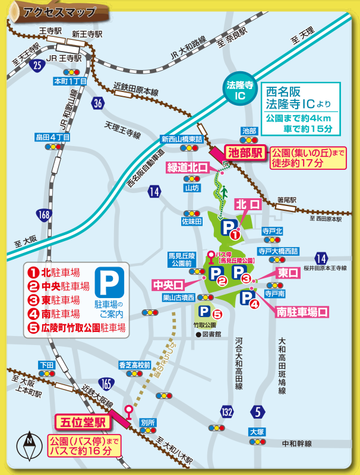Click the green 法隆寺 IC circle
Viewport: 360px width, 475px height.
click(x=240, y=90)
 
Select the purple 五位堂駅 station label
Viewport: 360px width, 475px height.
click(x=83, y=423)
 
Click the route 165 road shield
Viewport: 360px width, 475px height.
click(x=107, y=384)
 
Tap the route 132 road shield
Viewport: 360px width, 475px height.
click(x=226, y=412)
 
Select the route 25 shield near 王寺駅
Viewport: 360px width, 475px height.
click(x=38, y=65)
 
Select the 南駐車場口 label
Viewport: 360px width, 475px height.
click(x=302, y=311)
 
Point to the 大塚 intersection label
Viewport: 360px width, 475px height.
click(x=257, y=432)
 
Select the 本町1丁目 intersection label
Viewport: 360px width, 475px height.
click(x=71, y=81)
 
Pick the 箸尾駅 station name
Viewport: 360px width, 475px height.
click(x=286, y=200)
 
